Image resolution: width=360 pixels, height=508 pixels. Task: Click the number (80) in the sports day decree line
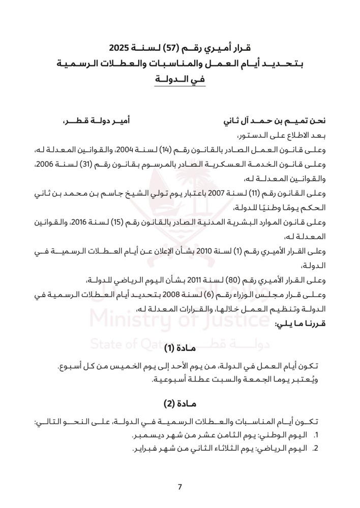(x=230, y=280)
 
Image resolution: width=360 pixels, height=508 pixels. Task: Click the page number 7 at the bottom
(x=180, y=487)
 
